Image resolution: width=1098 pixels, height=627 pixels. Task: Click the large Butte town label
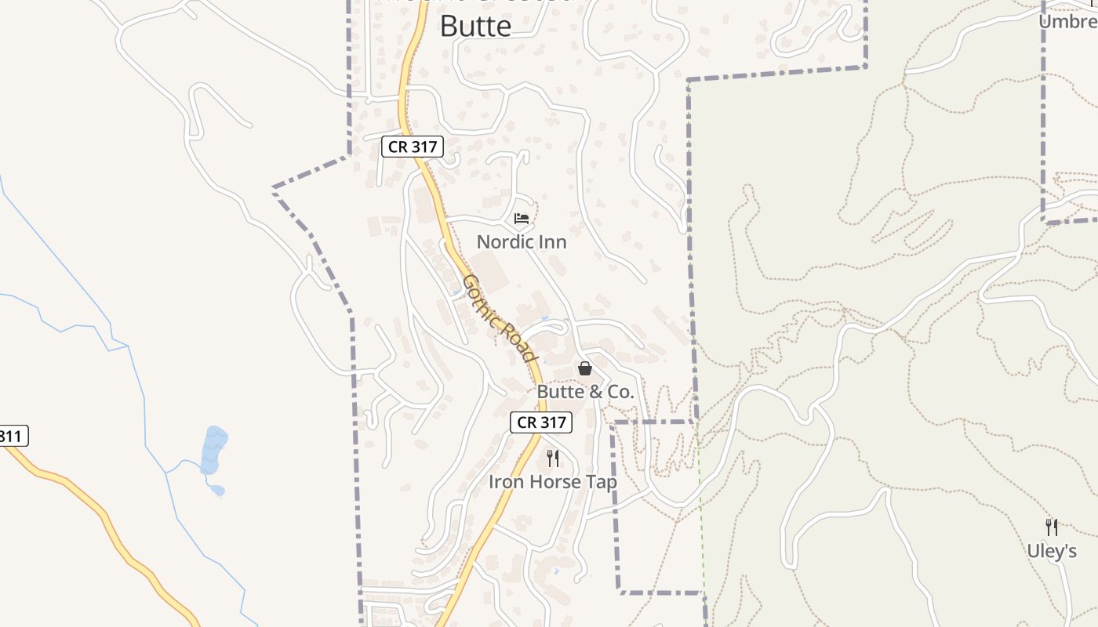tap(475, 25)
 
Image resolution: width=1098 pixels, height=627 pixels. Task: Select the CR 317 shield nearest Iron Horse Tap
tap(541, 422)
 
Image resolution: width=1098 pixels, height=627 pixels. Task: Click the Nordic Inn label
tap(522, 242)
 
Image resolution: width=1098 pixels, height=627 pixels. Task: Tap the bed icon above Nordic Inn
tap(522, 219)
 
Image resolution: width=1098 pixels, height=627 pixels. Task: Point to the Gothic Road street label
tap(500, 317)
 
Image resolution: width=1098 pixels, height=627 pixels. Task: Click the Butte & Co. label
tap(585, 392)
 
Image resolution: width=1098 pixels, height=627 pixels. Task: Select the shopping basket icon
tap(585, 368)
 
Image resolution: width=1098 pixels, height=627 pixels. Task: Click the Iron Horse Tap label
tap(553, 482)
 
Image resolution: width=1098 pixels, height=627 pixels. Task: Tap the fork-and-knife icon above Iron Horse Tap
tap(553, 458)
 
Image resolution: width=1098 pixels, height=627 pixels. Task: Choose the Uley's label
tap(1052, 551)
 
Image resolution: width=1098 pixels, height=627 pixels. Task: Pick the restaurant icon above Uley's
tap(1052, 527)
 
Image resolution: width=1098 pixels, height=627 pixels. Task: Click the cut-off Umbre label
tap(1067, 21)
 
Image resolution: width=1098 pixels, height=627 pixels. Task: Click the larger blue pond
tap(213, 451)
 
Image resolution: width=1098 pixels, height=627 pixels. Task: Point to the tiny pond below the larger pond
tap(217, 491)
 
